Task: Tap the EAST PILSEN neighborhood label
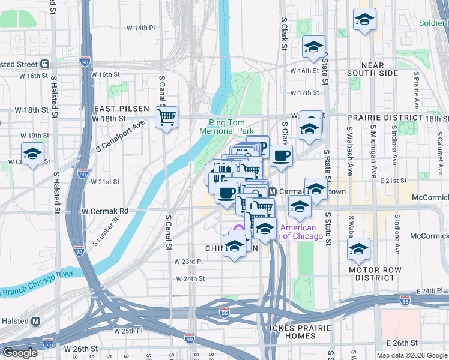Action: pyautogui.click(x=121, y=109)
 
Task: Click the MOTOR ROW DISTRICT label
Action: pyautogui.click(x=375, y=274)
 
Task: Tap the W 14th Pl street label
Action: pyautogui.click(x=141, y=28)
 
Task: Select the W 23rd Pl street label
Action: pyautogui.click(x=189, y=262)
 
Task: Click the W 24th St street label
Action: pyautogui.click(x=191, y=279)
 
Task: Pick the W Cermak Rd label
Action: pyautogui.click(x=106, y=211)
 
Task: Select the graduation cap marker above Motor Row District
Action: pyautogui.click(x=359, y=249)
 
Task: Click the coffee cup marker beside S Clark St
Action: pyautogui.click(x=280, y=156)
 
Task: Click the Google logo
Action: pyautogui.click(x=20, y=353)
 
